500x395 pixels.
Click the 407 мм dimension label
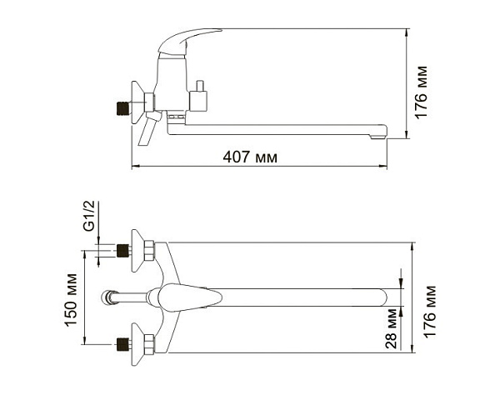(x=250, y=157)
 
